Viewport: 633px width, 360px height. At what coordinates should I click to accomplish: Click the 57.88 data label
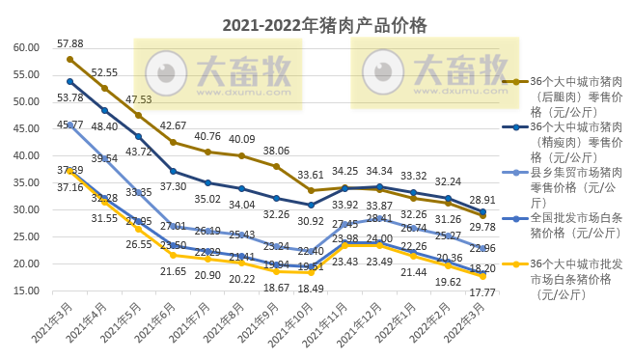click(69, 44)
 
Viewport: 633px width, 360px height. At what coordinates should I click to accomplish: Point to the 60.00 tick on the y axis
click(26, 48)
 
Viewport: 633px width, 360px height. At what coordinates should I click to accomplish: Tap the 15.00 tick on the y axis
click(26, 291)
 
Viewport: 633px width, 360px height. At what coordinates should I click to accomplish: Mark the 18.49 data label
click(310, 289)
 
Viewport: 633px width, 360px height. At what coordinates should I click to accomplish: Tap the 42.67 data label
click(174, 126)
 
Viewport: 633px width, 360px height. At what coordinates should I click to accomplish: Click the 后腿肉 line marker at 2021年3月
click(69, 59)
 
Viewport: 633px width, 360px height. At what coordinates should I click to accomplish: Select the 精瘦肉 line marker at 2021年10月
click(311, 205)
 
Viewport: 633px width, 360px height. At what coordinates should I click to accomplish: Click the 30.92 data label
click(310, 221)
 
